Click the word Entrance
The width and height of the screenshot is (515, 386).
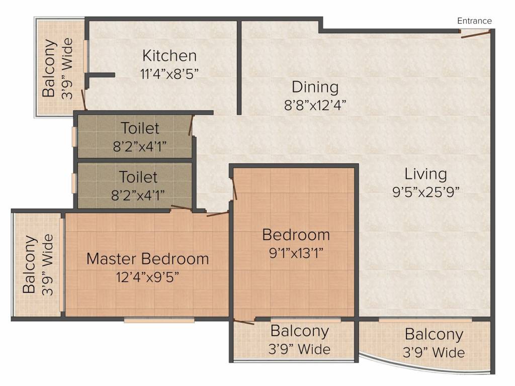click(474, 21)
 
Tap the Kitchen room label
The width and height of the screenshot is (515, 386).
click(169, 55)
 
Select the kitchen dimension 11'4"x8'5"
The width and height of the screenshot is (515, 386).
click(169, 74)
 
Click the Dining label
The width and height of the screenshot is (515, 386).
click(315, 87)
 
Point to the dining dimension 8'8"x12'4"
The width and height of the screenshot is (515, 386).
click(315, 106)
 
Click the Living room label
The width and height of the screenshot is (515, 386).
click(425, 174)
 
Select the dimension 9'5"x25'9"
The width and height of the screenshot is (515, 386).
click(425, 192)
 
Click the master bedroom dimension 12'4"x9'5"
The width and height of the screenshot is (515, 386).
click(147, 277)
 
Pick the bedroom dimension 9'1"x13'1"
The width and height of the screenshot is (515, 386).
click(296, 253)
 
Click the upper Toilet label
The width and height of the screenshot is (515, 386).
click(140, 128)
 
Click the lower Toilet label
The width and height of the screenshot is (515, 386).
click(138, 177)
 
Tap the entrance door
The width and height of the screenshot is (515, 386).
click(475, 34)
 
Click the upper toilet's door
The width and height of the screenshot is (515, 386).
click(191, 125)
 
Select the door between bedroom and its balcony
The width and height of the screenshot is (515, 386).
click(244, 322)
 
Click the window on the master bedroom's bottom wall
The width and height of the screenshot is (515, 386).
click(159, 320)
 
